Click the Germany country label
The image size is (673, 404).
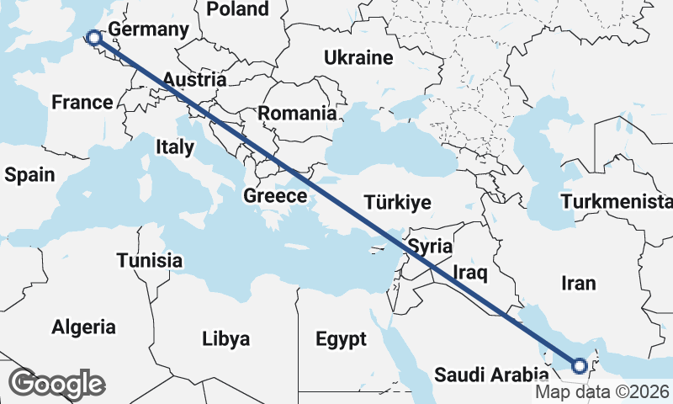(x=149, y=30)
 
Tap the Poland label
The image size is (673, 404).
(x=238, y=9)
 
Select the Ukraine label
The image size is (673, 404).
(x=359, y=58)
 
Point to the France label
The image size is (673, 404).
(x=82, y=103)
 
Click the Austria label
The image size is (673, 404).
(x=194, y=80)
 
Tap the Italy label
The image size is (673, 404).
(x=175, y=147)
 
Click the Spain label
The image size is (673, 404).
(x=29, y=175)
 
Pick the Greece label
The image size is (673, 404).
(x=275, y=196)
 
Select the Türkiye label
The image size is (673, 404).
(x=397, y=203)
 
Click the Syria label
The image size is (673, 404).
(x=431, y=247)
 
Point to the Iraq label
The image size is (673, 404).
(x=470, y=273)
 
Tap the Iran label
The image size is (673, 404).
(x=578, y=283)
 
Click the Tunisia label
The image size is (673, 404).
(x=150, y=260)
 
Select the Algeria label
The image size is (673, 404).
(x=84, y=327)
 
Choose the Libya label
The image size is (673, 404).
(x=226, y=339)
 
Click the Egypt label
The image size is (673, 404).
(x=342, y=339)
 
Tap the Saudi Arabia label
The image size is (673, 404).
(x=479, y=375)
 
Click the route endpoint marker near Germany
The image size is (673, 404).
(x=94, y=38)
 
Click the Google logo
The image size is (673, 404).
(x=56, y=384)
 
